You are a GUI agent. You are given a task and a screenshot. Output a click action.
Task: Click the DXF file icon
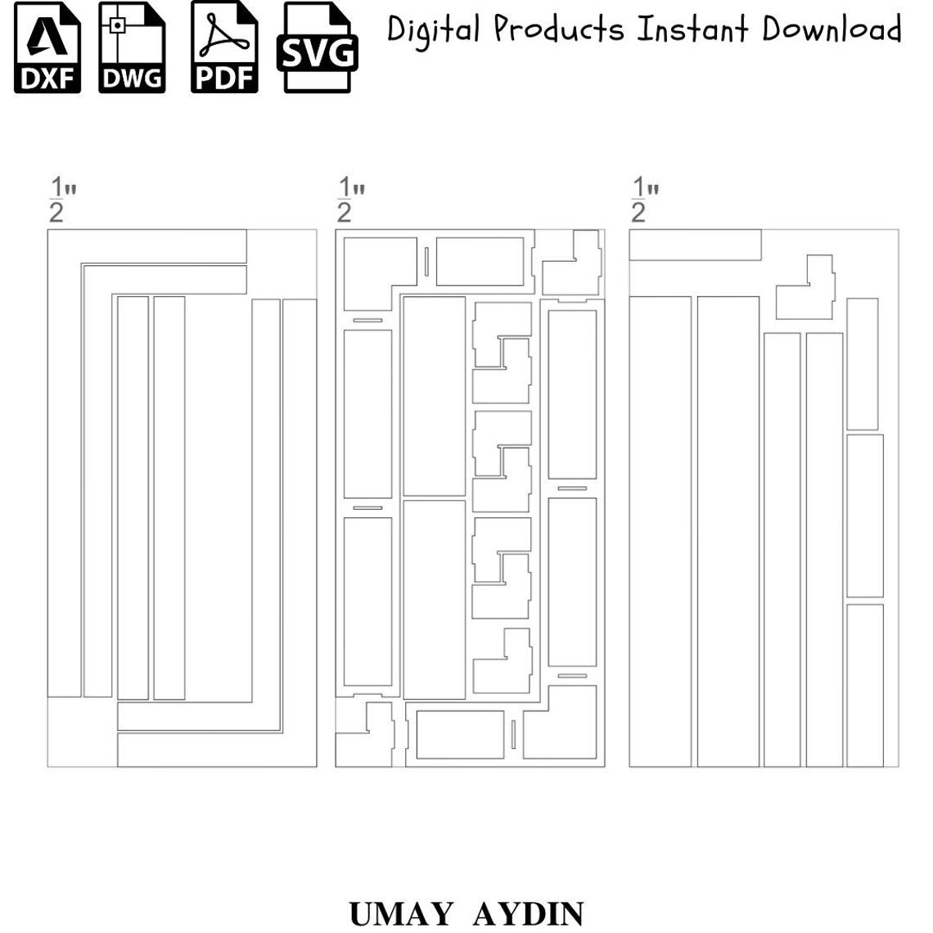click(x=47, y=47)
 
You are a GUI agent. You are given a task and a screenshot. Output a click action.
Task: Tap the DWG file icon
click(x=132, y=47)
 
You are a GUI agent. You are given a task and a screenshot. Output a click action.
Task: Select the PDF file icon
click(x=224, y=47)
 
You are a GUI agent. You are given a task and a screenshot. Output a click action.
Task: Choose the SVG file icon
click(x=318, y=47)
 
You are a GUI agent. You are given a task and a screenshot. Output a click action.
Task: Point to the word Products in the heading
click(x=559, y=29)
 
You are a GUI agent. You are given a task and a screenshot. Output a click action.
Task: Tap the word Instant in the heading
click(x=692, y=29)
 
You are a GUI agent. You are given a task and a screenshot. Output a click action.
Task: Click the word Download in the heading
click(x=832, y=29)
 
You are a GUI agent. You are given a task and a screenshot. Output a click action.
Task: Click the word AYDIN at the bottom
click(x=529, y=913)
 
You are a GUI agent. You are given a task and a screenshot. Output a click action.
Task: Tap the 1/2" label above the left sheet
click(x=62, y=200)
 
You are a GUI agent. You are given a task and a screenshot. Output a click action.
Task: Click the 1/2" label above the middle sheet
click(x=350, y=200)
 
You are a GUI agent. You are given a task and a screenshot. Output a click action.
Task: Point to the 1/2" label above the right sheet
click(x=645, y=200)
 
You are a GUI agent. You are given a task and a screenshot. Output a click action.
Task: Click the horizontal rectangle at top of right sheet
click(x=695, y=246)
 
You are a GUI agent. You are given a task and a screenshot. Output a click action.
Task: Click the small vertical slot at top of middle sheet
click(x=426, y=262)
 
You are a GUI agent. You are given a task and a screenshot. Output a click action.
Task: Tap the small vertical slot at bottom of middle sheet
click(x=513, y=734)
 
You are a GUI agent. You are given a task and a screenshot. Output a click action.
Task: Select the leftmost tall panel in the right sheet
click(x=660, y=531)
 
